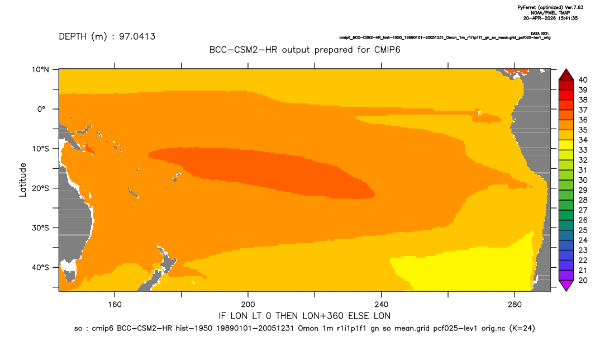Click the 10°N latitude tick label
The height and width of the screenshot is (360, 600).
40,70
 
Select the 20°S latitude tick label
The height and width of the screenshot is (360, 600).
40,188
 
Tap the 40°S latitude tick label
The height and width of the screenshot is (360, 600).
40,267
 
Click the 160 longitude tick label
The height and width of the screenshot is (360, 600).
115,305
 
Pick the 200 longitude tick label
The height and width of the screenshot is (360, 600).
248,305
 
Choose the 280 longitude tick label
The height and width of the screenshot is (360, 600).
515,305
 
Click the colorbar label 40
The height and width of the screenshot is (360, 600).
583,80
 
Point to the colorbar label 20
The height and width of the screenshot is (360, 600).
583,280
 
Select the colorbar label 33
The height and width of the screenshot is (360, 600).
583,150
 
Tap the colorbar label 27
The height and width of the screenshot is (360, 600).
583,210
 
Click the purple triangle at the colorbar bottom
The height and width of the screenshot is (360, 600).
566,285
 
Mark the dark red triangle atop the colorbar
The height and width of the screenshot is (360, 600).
566,75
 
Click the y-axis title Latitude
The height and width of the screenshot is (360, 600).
23,180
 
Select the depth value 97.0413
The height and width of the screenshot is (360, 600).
137,37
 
